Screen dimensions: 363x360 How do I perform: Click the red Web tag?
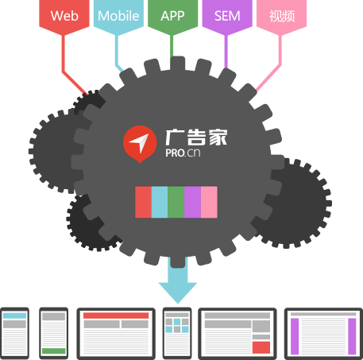(64, 16)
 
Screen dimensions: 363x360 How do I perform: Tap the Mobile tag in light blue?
(118, 16)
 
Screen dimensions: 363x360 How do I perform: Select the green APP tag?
(172, 16)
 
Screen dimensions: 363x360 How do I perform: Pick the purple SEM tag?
(227, 16)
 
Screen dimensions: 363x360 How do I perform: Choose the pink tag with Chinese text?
(281, 16)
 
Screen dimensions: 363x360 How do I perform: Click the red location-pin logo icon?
(140, 144)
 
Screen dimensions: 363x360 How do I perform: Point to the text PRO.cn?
(183, 153)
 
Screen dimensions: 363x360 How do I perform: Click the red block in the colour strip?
(143, 202)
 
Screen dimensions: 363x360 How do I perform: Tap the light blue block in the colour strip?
(160, 202)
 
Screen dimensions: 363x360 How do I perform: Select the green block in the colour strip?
(176, 202)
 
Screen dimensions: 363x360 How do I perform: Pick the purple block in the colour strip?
(192, 202)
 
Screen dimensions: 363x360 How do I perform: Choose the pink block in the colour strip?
(209, 202)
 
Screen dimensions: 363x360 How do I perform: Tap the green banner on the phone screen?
(54, 351)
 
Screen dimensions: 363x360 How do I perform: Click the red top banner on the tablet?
(116, 315)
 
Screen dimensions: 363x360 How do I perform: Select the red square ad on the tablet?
(261, 347)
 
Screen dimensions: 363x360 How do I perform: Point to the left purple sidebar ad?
(295, 336)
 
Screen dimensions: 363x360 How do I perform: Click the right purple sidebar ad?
(352, 336)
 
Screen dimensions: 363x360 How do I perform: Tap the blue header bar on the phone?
(15, 315)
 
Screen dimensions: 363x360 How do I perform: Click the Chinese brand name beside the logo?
(196, 137)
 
